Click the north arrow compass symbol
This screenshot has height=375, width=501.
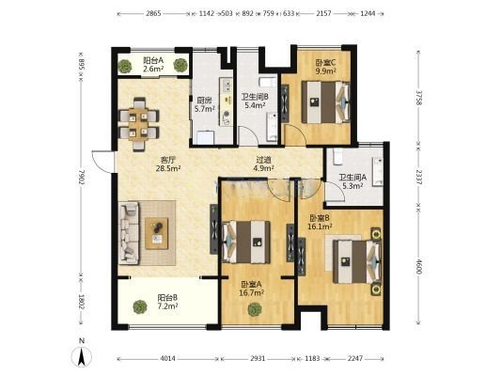[x=82, y=354]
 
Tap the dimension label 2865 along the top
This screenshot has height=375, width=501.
[x=153, y=14]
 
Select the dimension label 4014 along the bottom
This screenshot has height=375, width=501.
[x=167, y=358]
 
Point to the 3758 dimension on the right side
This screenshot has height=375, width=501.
[x=419, y=98]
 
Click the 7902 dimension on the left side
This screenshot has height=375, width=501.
[x=82, y=179]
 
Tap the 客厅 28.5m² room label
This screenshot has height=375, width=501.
[x=168, y=164]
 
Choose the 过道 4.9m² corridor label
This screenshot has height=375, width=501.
[x=263, y=164]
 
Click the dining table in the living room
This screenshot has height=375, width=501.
[x=139, y=124]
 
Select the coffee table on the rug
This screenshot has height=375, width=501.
[x=157, y=233]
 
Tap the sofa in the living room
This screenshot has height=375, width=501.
[x=129, y=233]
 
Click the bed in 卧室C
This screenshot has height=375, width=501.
[x=325, y=102]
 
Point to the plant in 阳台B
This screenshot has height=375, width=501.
[x=140, y=306]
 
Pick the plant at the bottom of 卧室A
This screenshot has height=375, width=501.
[x=255, y=309]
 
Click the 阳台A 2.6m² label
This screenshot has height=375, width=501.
[x=153, y=64]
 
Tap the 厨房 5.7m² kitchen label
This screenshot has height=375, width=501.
[x=205, y=104]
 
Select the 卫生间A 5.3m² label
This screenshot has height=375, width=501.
[x=352, y=181]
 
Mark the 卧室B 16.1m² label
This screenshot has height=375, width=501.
[x=320, y=223]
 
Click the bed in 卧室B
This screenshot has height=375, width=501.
[x=357, y=262]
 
